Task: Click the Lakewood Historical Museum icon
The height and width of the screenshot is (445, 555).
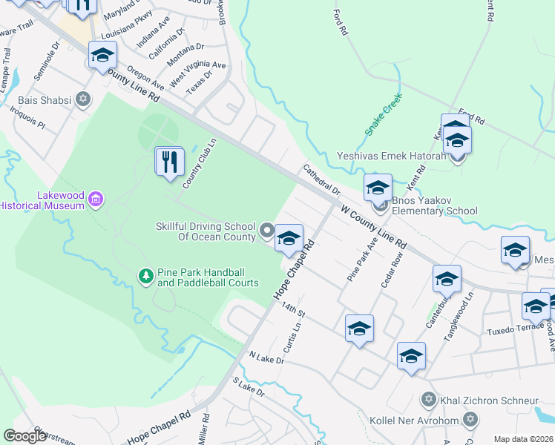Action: (x=95, y=200)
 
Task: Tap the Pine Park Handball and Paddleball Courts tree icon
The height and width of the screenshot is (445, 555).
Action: (x=146, y=277)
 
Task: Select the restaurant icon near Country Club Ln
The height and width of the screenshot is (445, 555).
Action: (x=169, y=161)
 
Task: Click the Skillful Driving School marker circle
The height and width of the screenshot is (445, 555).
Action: (x=267, y=232)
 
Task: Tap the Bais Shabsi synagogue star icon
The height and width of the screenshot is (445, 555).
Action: (x=83, y=99)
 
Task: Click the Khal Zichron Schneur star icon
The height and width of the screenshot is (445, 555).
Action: (x=427, y=400)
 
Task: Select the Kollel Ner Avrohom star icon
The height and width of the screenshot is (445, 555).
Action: (x=468, y=421)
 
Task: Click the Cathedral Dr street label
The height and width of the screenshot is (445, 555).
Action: (x=321, y=179)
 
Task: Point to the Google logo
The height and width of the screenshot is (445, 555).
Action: (x=24, y=435)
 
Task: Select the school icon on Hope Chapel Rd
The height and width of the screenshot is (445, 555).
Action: (x=289, y=238)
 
